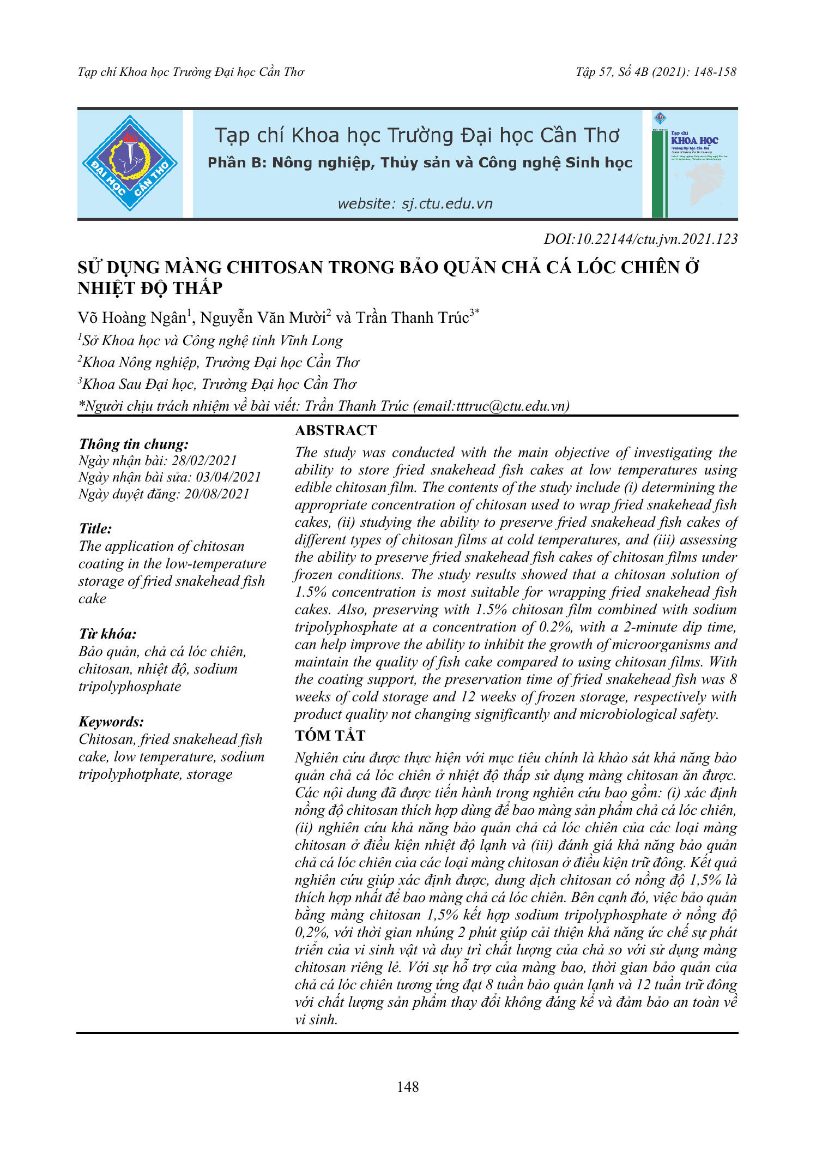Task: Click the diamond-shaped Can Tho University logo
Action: [130, 163]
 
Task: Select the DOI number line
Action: [640, 239]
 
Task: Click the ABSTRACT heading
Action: [336, 430]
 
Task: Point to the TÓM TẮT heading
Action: [330, 736]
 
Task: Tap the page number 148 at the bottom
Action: [408, 1087]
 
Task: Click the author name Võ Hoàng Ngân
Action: [132, 318]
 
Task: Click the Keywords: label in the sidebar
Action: [111, 722]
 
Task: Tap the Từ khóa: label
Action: [107, 634]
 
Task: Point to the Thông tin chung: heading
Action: [134, 444]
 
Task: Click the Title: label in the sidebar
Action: [95, 528]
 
